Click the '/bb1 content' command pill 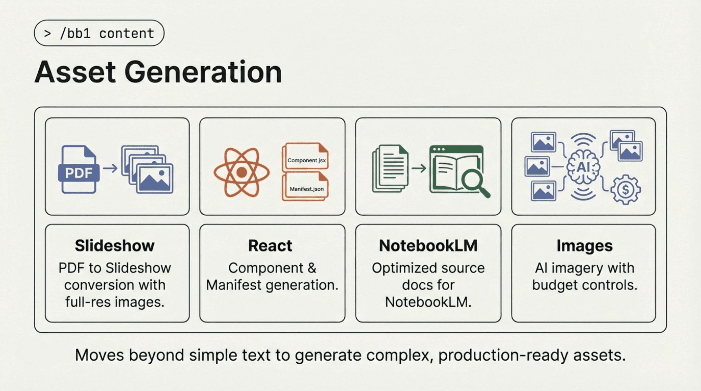99,33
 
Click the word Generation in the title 203,72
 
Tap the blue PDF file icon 79,170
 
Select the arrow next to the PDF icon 110,168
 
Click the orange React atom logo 242,172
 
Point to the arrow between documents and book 418,168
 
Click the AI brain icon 583,167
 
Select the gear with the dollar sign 625,189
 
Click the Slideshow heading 115,245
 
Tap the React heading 270,245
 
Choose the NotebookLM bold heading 428,245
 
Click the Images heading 584,245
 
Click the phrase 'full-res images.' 115,302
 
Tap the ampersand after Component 312,268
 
